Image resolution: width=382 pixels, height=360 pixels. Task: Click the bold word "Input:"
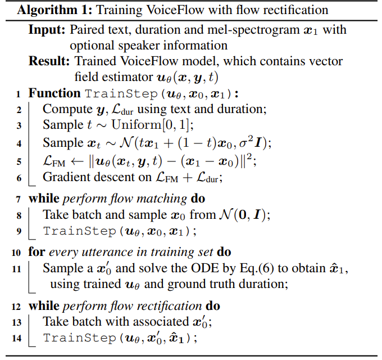point(46,30)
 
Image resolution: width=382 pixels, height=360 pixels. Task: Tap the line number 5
point(19,161)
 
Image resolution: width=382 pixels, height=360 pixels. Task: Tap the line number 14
point(17,339)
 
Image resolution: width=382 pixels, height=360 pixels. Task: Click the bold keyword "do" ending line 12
point(212,305)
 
